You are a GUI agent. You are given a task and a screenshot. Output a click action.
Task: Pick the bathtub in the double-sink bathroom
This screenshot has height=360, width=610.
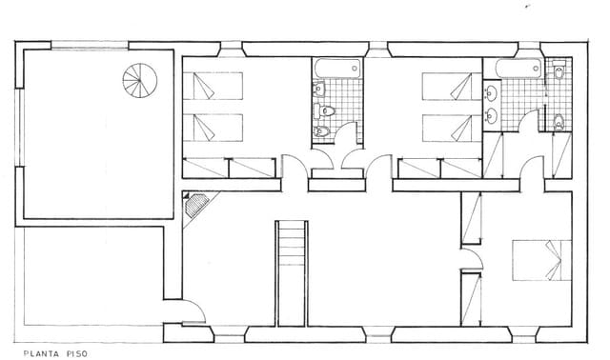click(x=513, y=69)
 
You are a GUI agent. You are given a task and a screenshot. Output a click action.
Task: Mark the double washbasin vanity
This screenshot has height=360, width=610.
click(x=490, y=104)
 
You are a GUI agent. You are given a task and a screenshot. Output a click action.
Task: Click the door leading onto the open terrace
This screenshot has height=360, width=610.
click(x=191, y=312)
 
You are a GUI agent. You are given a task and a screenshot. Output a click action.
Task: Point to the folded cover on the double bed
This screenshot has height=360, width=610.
click(x=552, y=260)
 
